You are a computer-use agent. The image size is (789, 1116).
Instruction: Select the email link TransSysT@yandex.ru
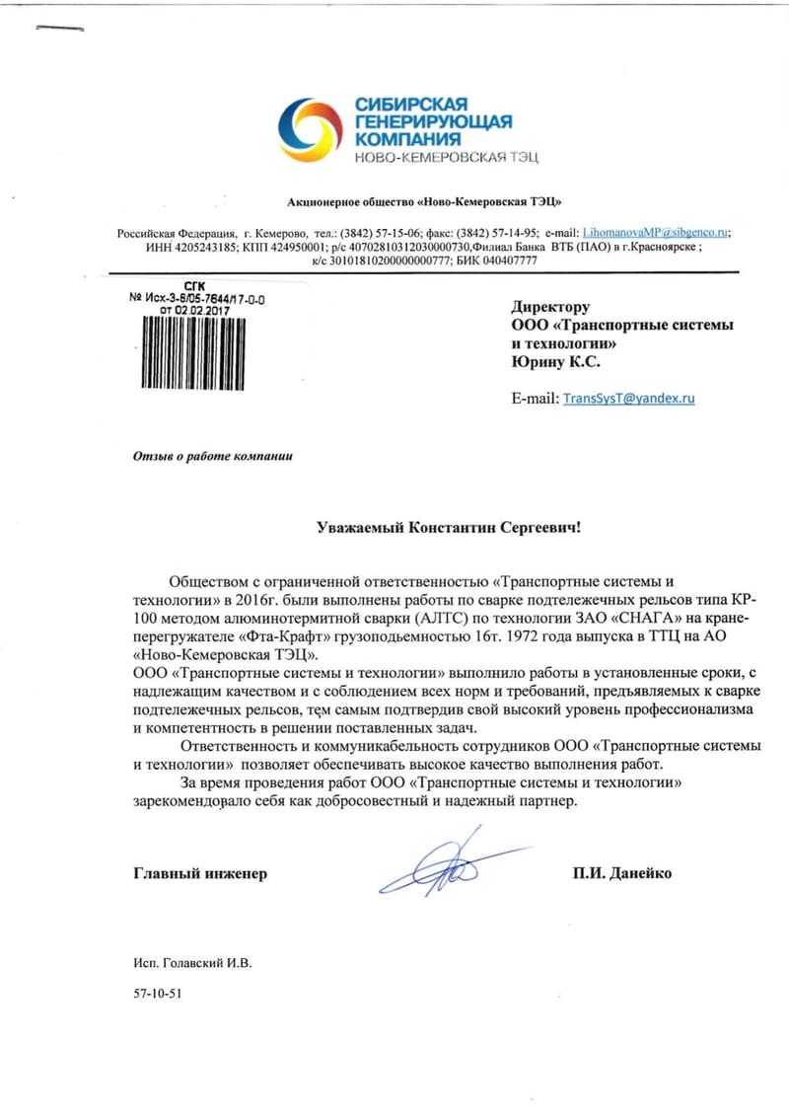[x=628, y=398]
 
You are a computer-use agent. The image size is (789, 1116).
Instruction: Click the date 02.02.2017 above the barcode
[x=207, y=309]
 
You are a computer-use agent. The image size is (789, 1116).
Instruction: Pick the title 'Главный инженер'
[x=200, y=873]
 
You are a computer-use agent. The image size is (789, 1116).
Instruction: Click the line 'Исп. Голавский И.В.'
[x=193, y=961]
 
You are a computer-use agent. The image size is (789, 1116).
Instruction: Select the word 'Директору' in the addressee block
[x=550, y=307]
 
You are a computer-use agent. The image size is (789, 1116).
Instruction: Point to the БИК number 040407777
[x=506, y=260]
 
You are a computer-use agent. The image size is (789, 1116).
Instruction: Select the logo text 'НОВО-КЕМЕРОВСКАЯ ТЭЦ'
[x=447, y=158]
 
